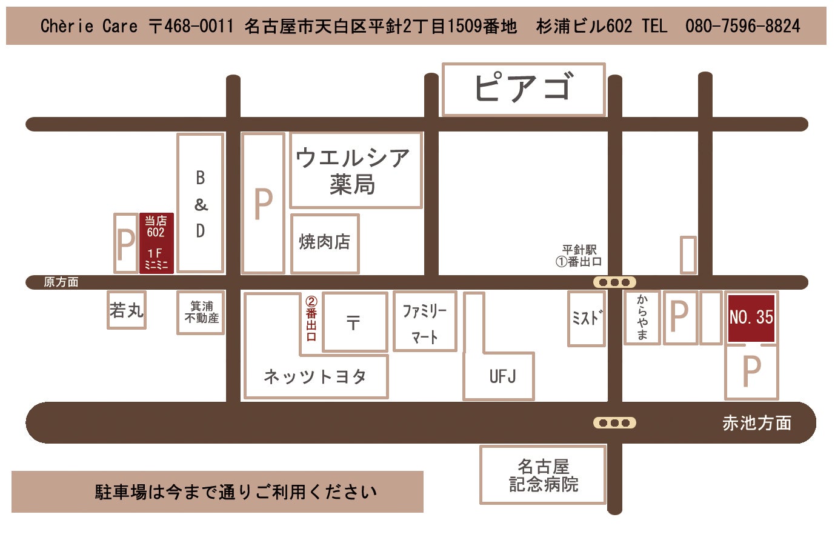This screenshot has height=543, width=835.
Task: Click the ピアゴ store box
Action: (524, 89)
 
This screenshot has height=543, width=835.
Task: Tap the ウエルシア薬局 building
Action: (355, 170)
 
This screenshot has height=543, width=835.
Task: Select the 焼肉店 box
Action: (325, 242)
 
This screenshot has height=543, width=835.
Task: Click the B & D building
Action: (201, 204)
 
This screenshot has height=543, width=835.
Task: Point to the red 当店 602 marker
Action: (156, 242)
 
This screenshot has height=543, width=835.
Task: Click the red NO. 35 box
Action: (751, 318)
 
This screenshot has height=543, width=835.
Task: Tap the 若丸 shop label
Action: (127, 310)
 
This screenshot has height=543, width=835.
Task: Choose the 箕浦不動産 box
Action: (201, 312)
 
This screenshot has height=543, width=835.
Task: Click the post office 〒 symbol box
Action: (354, 322)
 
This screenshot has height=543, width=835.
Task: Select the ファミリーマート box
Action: (425, 322)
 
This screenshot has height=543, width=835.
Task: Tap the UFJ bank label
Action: (502, 376)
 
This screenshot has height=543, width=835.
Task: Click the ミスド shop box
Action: (586, 318)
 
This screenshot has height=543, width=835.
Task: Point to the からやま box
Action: (642, 318)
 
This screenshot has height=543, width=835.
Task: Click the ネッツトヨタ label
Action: (315, 376)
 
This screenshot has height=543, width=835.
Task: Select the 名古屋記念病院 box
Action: (543, 475)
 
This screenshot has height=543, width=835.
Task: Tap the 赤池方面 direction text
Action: (757, 423)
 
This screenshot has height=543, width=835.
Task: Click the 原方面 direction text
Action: (61, 282)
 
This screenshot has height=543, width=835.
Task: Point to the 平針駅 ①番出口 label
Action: (579, 256)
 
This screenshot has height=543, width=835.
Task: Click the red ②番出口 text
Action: (311, 318)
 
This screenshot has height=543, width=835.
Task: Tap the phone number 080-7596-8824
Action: (742, 26)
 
